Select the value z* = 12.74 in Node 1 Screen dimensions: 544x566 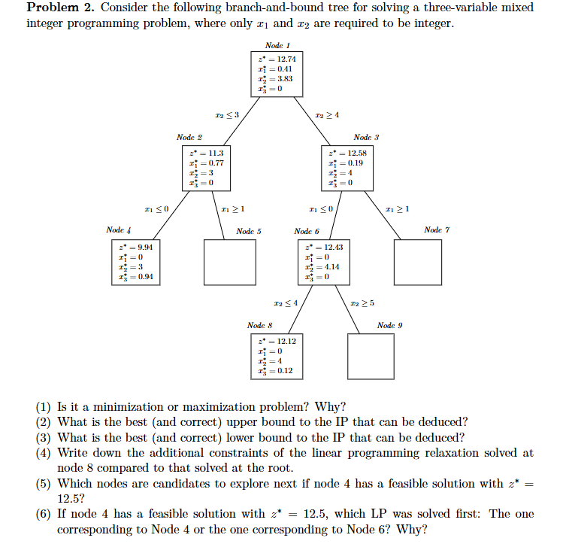[x=277, y=59]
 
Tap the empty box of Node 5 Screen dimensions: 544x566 [x=228, y=262]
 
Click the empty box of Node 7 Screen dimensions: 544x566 [x=417, y=262]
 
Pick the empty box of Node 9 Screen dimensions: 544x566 [x=371, y=356]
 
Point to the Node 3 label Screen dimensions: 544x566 [x=366, y=138]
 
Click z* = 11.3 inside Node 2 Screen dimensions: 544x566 [x=205, y=153]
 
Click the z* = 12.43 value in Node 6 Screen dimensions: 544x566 [x=322, y=247]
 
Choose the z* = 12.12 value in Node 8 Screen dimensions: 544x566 [x=277, y=341]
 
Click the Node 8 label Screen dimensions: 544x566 [x=259, y=325]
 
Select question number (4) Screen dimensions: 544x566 [x=45, y=452]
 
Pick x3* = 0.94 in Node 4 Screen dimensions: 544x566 [x=136, y=276]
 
